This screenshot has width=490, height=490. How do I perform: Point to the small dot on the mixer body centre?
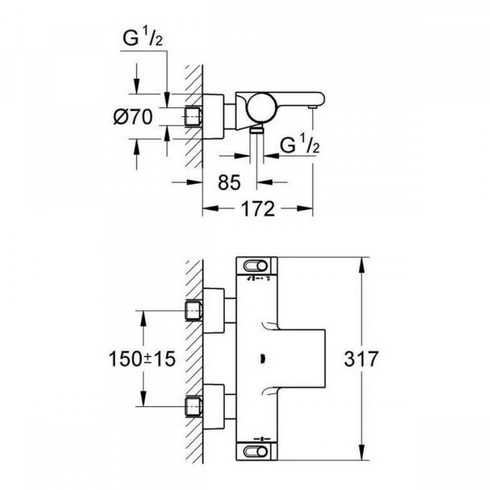point(262,359)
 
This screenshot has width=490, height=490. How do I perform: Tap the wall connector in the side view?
point(195,117)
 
